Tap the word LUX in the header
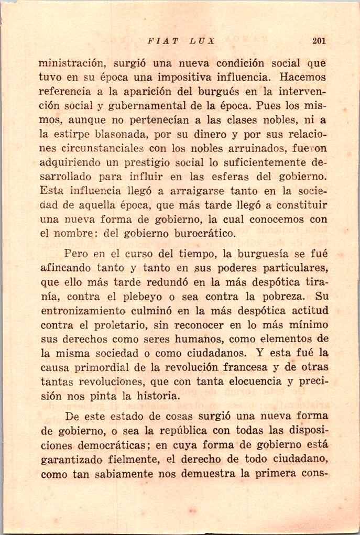pos(202,40)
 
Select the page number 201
pos(319,40)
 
